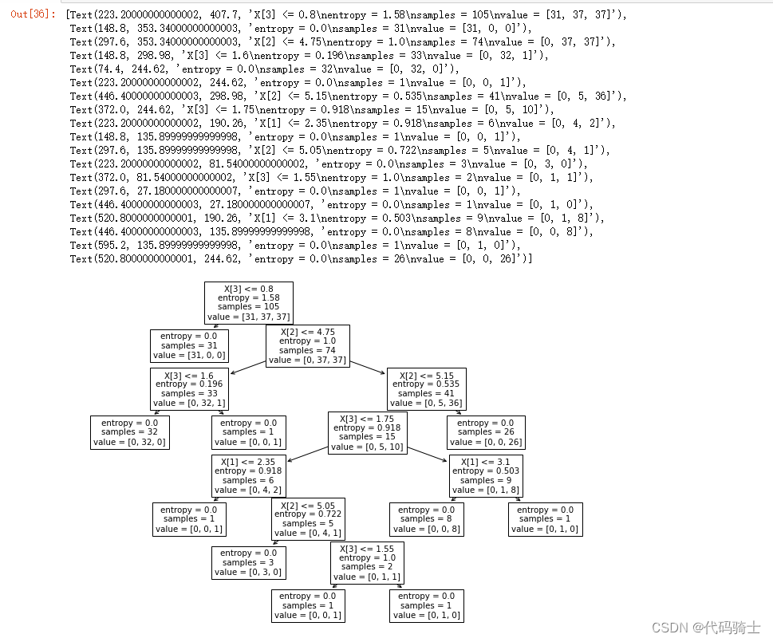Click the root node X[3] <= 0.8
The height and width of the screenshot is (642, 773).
click(x=248, y=302)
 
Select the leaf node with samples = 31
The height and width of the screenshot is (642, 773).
click(x=189, y=346)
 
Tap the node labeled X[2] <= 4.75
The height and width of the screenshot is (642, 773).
click(x=307, y=345)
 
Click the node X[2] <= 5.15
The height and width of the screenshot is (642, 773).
click(x=426, y=388)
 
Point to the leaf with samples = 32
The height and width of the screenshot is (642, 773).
click(x=129, y=432)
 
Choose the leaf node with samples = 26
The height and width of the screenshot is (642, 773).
click(x=485, y=432)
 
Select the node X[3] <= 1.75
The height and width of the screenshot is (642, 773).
click(x=367, y=432)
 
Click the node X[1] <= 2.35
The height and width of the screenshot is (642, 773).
click(x=248, y=475)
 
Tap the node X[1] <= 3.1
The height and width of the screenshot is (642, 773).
click(x=485, y=475)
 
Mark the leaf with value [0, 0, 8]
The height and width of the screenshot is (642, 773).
click(x=426, y=519)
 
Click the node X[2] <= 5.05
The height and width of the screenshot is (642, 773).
click(x=307, y=519)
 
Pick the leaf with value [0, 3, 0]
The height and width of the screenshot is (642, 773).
click(x=248, y=562)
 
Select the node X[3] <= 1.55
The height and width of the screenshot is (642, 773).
click(x=367, y=562)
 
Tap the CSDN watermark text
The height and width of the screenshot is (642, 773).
click(x=705, y=628)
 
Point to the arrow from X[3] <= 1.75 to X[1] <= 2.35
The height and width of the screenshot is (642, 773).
click(x=308, y=454)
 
